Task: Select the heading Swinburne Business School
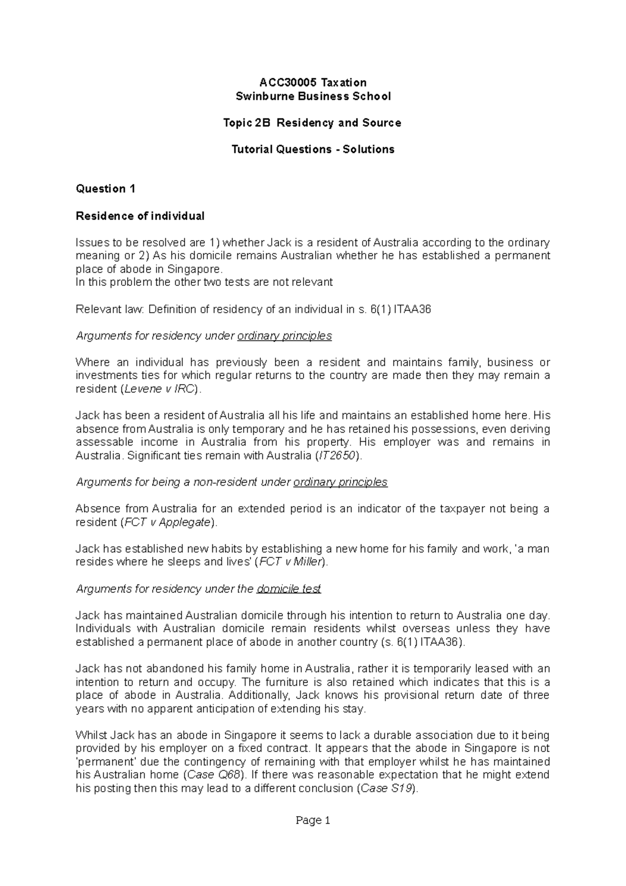[313, 96]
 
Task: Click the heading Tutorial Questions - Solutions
[312, 149]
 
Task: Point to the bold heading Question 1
[105, 189]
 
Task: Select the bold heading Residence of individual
[140, 215]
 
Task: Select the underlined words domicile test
[288, 589]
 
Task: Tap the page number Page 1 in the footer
[313, 821]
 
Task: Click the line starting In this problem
[203, 282]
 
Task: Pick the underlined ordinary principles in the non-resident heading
[340, 482]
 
